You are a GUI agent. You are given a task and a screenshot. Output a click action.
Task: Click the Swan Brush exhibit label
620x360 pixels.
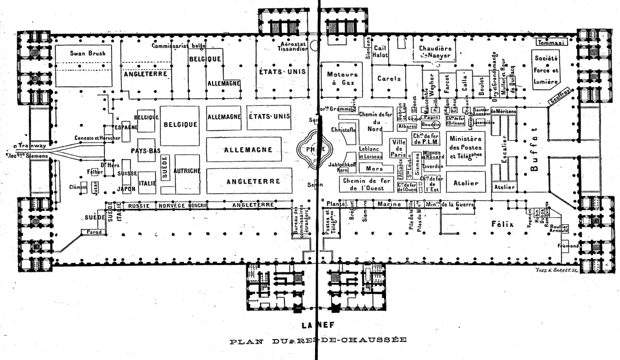(84, 53)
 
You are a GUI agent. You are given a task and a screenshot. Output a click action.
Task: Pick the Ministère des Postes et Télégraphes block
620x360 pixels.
(466, 148)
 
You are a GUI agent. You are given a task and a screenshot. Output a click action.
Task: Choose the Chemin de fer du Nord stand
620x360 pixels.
(376, 122)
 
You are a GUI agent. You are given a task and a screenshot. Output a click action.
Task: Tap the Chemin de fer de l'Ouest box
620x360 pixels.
(366, 184)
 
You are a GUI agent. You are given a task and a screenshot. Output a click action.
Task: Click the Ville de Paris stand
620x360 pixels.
(397, 149)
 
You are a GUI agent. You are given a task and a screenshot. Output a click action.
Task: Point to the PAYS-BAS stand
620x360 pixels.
(145, 151)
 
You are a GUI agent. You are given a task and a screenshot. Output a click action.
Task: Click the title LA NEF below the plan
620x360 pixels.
(316, 326)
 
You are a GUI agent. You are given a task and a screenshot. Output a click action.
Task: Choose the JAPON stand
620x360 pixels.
(126, 189)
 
